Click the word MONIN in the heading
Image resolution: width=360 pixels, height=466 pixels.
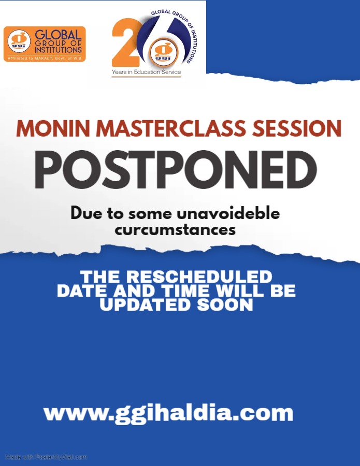click(x=53, y=129)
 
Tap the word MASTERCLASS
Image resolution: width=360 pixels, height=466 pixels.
click(x=171, y=129)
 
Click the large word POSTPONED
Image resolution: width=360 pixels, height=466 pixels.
click(x=176, y=170)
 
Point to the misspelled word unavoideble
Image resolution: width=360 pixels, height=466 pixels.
click(x=228, y=213)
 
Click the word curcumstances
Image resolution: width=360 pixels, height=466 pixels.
click(x=176, y=230)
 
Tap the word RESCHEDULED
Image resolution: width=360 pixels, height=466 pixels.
click(x=199, y=276)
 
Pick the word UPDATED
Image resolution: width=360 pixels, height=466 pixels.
click(x=145, y=305)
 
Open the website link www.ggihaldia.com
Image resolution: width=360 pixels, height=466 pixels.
click(x=168, y=413)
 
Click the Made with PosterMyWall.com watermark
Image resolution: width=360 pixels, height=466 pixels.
click(x=47, y=457)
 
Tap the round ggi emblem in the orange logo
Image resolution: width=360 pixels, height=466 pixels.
click(x=19, y=41)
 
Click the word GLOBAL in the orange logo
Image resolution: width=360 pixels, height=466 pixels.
click(x=58, y=35)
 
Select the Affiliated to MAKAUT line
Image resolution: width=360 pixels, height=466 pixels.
click(x=45, y=58)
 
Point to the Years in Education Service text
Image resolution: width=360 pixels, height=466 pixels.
click(x=146, y=72)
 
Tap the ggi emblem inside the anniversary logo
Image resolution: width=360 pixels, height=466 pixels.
click(x=164, y=53)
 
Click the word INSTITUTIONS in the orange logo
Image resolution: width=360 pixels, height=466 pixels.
click(x=58, y=50)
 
